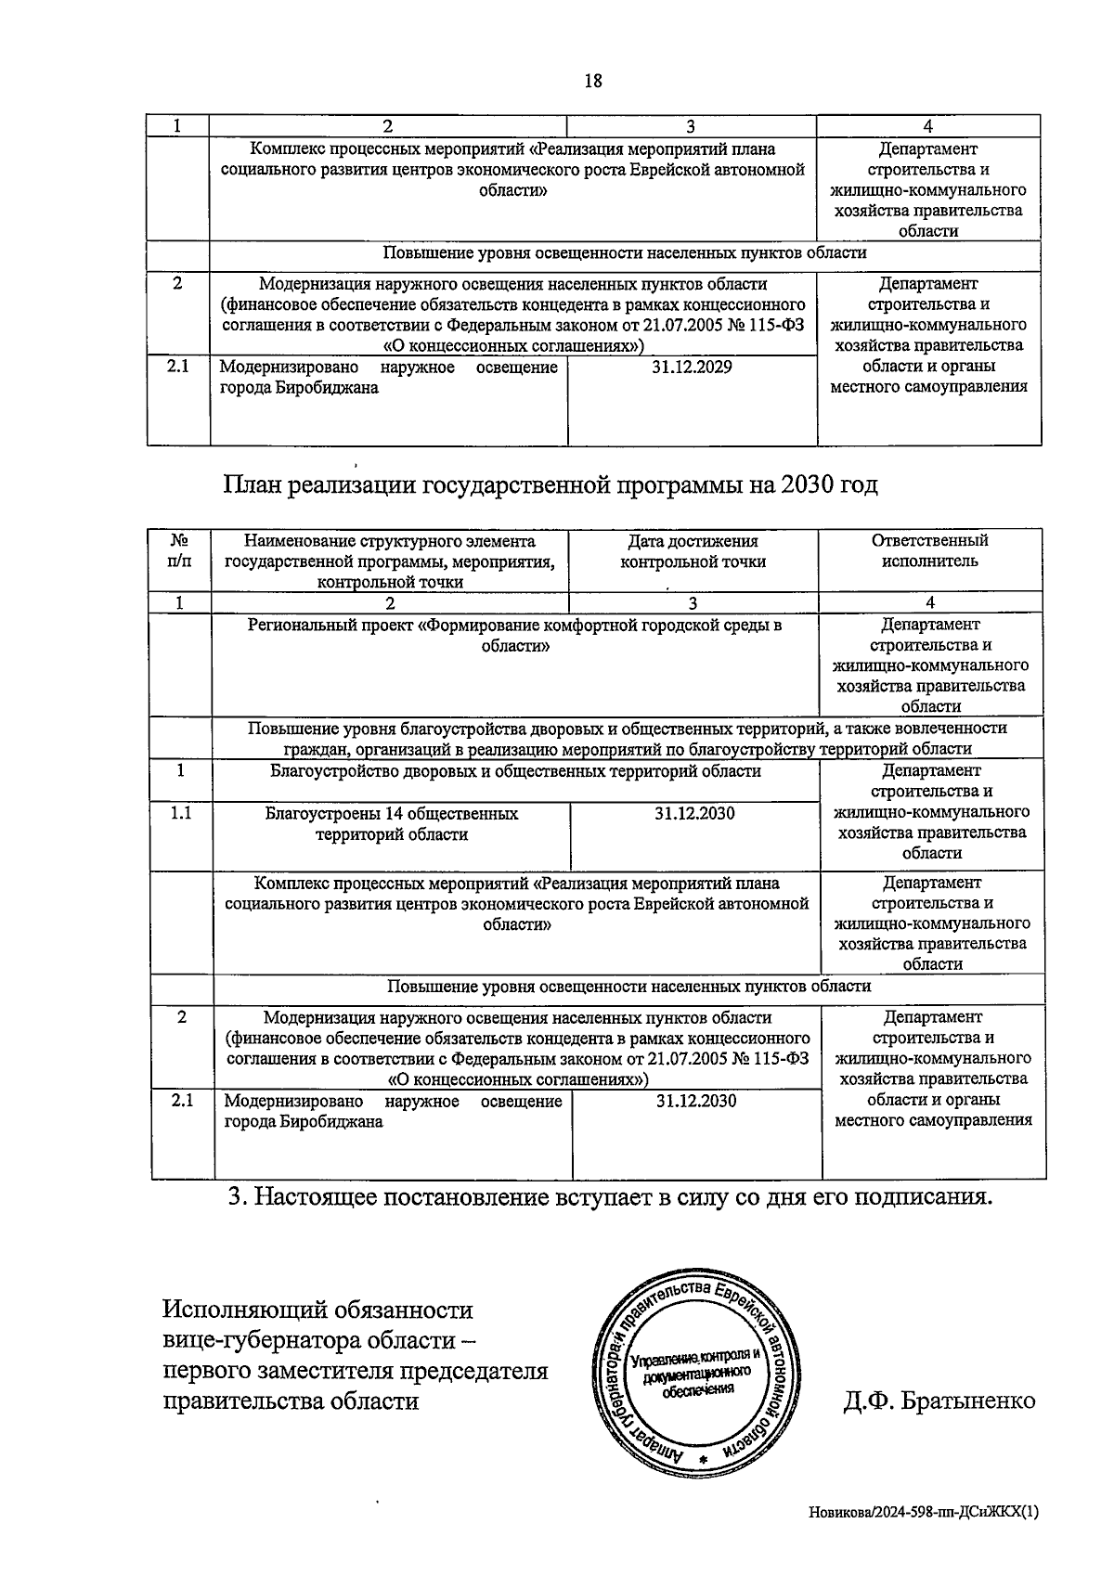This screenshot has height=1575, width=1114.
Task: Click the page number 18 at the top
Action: pos(592,81)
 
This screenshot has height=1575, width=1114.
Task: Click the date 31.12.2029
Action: pos(691,368)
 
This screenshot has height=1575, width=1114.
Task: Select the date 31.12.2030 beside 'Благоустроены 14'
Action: pos(694,814)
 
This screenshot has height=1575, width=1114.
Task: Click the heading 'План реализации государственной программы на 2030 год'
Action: pos(551,485)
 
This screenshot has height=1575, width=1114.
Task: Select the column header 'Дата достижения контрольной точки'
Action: pos(693,551)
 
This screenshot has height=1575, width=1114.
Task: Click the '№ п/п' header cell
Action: pos(180,551)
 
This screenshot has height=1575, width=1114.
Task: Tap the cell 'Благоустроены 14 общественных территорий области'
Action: pos(392,824)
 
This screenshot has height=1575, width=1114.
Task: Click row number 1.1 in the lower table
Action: pos(181,814)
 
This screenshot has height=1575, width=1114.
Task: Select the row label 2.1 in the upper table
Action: pos(177,367)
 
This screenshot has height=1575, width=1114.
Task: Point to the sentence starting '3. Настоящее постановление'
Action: pos(610,1197)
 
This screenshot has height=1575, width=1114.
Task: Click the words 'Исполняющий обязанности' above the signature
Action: pos(317,1310)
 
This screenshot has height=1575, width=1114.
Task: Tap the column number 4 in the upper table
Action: pos(928,126)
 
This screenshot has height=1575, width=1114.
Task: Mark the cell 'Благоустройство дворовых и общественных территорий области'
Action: pos(515,771)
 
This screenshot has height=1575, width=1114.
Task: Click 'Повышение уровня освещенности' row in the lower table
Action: pos(628,987)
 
